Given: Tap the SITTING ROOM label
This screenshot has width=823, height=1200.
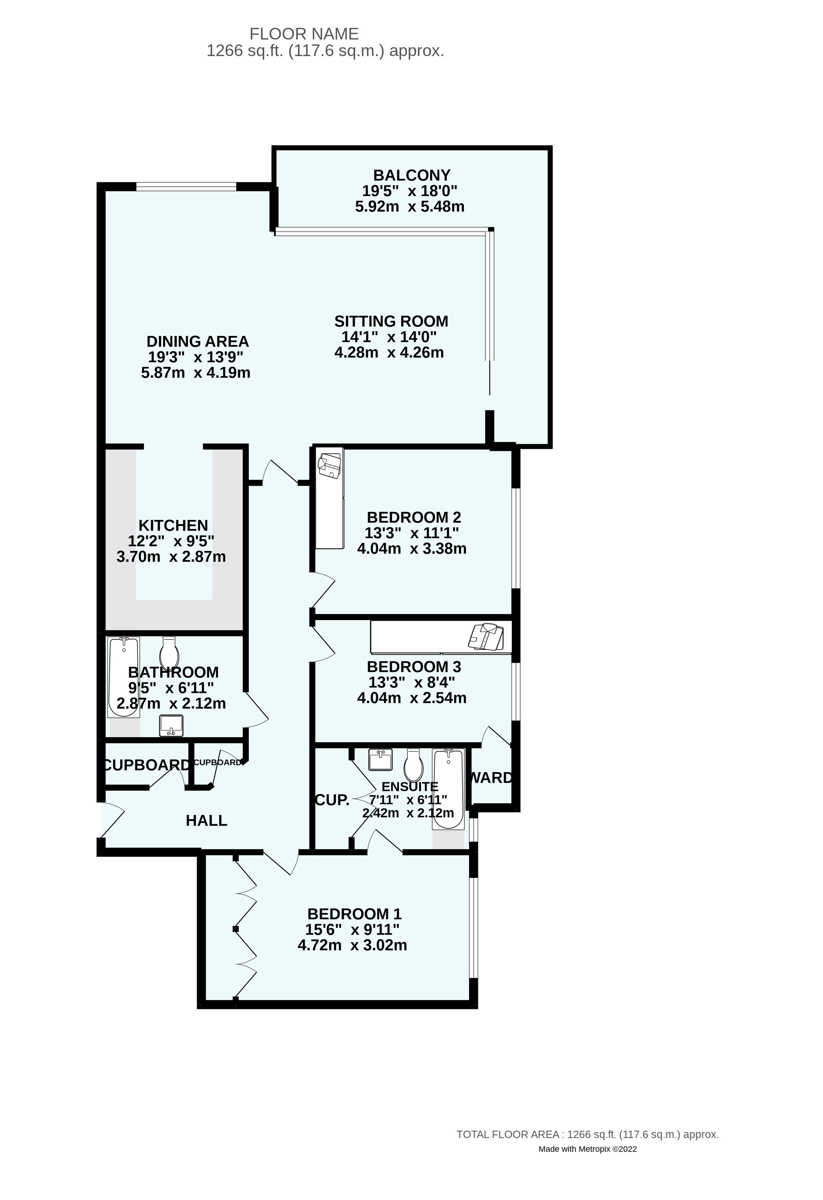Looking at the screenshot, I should point(391,321).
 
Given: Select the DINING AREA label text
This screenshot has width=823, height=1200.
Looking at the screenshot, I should point(198,341).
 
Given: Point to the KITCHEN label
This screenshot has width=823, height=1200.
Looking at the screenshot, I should point(173,525).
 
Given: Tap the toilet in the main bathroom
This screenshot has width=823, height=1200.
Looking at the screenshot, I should point(169,653).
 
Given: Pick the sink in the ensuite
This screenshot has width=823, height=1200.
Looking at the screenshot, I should point(381,760).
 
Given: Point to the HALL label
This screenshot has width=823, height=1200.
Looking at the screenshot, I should point(206,820).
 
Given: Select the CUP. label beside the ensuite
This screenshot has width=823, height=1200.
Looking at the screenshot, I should point(332,800).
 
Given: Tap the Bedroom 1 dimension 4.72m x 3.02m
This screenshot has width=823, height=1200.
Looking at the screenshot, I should point(352,945).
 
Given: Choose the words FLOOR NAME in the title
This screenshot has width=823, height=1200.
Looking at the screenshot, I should point(304,34).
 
